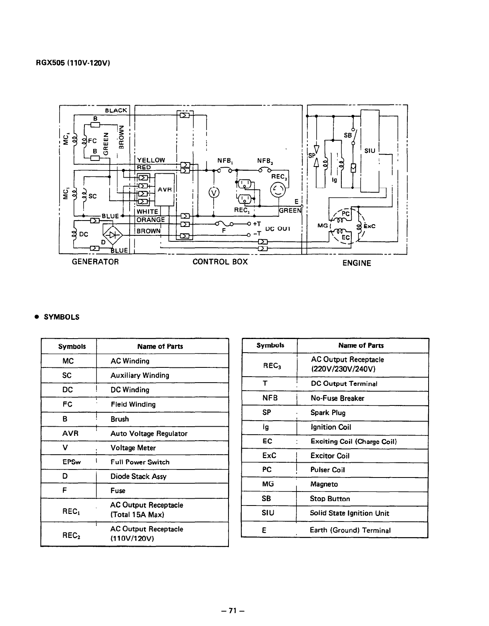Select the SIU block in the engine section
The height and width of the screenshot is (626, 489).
370,150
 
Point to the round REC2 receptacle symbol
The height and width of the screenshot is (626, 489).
278,190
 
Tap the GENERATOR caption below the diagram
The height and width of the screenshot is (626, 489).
95,262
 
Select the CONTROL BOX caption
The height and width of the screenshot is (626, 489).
220,262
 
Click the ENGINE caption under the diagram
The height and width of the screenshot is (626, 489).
357,263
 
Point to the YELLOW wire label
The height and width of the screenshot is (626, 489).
151,160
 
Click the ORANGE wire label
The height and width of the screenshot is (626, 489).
151,220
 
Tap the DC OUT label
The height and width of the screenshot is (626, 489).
278,229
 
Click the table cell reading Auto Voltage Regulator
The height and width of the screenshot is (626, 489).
149,433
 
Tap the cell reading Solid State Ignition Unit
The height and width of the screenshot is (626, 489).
349,513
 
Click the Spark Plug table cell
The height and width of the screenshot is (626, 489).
328,413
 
